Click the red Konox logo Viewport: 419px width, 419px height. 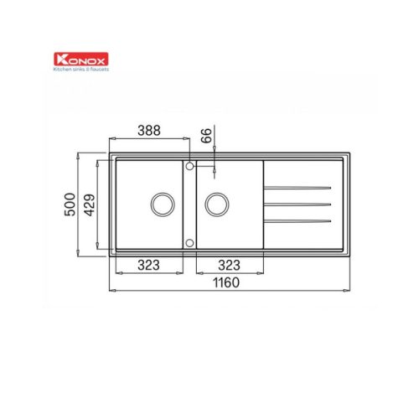[x=81, y=59]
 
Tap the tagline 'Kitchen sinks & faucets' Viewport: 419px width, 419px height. [x=81, y=69]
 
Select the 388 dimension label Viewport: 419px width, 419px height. [x=149, y=131]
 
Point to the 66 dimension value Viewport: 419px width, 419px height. [x=207, y=136]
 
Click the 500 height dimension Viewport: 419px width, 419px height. [x=70, y=204]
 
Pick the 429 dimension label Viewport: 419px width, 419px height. [x=90, y=204]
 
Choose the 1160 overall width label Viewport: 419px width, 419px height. [x=226, y=282]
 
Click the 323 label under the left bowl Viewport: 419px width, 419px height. [x=148, y=265]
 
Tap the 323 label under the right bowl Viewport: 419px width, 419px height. [x=229, y=265]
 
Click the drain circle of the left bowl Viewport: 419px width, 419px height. [x=163, y=193]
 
